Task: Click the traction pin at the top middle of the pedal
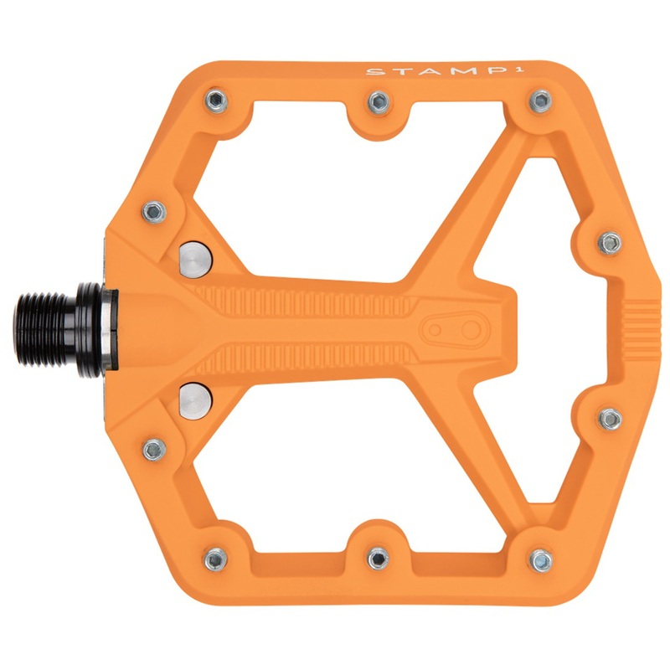pyautogui.click(x=379, y=100)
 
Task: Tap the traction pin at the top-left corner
pyautogui.click(x=214, y=101)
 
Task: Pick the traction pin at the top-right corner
pyautogui.click(x=540, y=101)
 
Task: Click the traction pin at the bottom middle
pyautogui.click(x=379, y=557)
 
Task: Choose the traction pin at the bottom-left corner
pyautogui.click(x=215, y=556)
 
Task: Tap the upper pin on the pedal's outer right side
pyautogui.click(x=610, y=243)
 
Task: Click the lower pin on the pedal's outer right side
pyautogui.click(x=610, y=416)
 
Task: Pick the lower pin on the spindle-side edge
pyautogui.click(x=153, y=450)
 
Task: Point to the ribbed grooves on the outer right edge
pyautogui.click(x=643, y=322)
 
